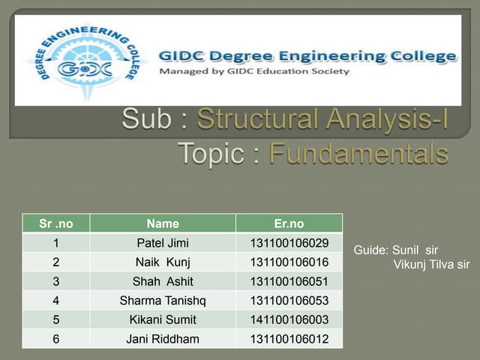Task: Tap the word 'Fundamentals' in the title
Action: [x=358, y=154]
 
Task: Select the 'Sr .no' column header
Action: [x=56, y=223]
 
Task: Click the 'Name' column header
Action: [x=163, y=223]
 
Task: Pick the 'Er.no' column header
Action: [x=289, y=223]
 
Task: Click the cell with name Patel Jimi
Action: [x=163, y=243]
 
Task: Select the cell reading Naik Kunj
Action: [x=163, y=262]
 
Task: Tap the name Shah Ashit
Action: [x=163, y=281]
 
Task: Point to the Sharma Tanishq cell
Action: [x=163, y=301]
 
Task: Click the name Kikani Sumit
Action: [x=163, y=319]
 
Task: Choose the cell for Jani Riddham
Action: [x=163, y=339]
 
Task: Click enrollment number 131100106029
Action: [x=289, y=243]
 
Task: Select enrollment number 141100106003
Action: [x=289, y=319]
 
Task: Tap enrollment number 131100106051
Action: [x=289, y=281]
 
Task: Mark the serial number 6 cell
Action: [x=56, y=339]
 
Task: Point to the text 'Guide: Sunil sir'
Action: [x=396, y=250]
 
